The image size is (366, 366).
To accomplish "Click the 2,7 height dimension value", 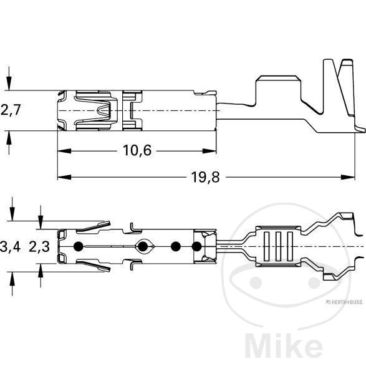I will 11,110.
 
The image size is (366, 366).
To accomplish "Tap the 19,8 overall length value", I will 205,178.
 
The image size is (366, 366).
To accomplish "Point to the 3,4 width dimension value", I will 11,247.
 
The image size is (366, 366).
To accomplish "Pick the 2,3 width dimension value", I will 40,247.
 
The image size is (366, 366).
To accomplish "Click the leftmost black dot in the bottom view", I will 79,246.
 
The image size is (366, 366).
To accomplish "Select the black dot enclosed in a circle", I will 143,247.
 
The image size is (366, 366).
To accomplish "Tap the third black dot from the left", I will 176,247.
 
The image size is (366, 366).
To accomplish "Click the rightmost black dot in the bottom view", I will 197,247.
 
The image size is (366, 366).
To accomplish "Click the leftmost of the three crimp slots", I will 264,247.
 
